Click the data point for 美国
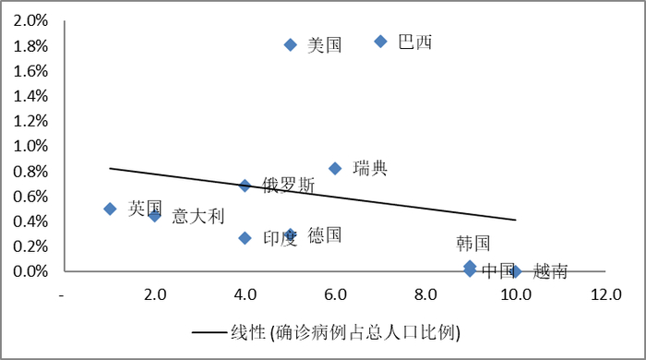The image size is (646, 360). (x=290, y=44)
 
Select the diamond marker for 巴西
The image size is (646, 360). (x=380, y=42)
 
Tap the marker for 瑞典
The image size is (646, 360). (x=335, y=168)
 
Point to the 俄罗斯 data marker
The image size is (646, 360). (x=245, y=186)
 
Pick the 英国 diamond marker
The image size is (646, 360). (x=110, y=209)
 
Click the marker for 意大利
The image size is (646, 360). (x=155, y=215)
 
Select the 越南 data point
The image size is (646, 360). (x=515, y=271)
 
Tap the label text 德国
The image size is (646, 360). (x=325, y=235)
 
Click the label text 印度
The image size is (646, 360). (x=280, y=238)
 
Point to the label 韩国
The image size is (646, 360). (x=473, y=244)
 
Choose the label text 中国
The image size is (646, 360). (x=498, y=270)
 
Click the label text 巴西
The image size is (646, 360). (x=414, y=42)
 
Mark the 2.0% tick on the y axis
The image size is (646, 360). (x=30, y=19)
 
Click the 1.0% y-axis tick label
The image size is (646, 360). (x=30, y=146)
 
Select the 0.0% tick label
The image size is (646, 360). (x=30, y=271)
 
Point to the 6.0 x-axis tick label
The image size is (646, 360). (x=335, y=294)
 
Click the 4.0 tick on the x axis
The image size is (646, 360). (x=245, y=294)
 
